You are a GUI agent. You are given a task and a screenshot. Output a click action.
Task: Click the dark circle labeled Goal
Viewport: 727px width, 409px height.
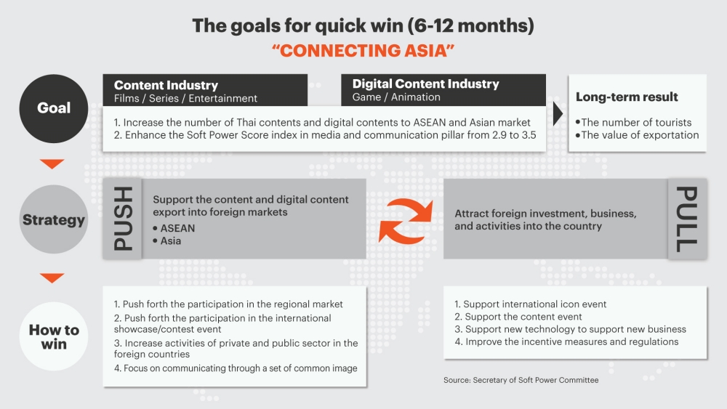pyautogui.click(x=54, y=108)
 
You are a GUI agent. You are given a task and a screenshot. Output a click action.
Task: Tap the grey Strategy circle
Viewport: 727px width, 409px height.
pyautogui.click(x=54, y=219)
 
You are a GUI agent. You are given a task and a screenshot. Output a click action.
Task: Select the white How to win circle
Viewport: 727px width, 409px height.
pyautogui.click(x=54, y=336)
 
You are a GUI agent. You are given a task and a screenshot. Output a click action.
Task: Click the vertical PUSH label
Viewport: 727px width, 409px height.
pyautogui.click(x=123, y=219)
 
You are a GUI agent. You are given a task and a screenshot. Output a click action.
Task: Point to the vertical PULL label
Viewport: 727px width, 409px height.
pyautogui.click(x=687, y=219)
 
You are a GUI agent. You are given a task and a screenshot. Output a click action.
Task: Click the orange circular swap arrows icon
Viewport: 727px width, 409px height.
pyautogui.click(x=406, y=220)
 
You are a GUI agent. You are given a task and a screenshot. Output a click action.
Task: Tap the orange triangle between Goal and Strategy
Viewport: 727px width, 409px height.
pyautogui.click(x=52, y=164)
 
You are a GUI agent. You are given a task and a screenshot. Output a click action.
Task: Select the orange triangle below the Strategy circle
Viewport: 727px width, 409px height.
pyautogui.click(x=52, y=278)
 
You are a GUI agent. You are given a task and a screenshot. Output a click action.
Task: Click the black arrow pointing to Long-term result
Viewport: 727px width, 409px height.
pyautogui.click(x=558, y=113)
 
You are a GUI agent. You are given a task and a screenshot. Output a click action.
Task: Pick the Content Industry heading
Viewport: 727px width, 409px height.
pyautogui.click(x=166, y=85)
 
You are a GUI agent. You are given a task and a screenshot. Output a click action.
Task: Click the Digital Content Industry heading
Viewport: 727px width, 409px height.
pyautogui.click(x=425, y=84)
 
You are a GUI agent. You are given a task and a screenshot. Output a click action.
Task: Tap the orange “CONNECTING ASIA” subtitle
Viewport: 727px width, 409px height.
pyautogui.click(x=363, y=50)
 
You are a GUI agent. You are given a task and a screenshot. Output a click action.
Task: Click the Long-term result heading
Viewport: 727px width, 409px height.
pyautogui.click(x=627, y=97)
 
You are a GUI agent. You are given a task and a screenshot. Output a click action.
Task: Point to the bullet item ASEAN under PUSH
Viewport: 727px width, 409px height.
pyautogui.click(x=174, y=228)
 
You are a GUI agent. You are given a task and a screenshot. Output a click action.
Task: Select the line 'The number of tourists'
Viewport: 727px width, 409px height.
pyautogui.click(x=633, y=122)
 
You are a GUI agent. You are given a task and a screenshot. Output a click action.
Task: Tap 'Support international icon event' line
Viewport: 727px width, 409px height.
pyautogui.click(x=531, y=304)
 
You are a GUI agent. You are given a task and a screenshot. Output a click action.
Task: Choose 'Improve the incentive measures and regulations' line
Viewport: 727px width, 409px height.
pyautogui.click(x=566, y=342)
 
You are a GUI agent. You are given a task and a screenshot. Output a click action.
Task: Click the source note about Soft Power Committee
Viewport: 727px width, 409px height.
pyautogui.click(x=521, y=380)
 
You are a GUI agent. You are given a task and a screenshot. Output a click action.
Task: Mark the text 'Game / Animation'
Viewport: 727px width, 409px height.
pyautogui.click(x=396, y=97)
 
